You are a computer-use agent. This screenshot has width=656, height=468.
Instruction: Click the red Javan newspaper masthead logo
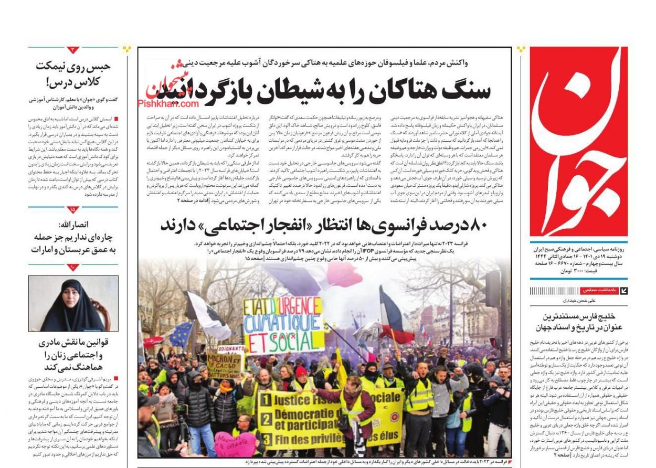(578, 142)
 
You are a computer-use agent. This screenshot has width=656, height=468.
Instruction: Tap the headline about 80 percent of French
(324, 226)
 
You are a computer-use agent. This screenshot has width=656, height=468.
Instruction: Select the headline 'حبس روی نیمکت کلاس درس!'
(73, 74)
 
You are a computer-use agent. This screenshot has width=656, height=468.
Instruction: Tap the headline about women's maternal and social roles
(73, 354)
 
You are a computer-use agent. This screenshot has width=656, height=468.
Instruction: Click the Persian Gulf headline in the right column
(578, 322)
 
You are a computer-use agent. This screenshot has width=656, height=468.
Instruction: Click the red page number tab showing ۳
(73, 50)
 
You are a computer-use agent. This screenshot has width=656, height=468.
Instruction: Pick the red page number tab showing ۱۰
(73, 268)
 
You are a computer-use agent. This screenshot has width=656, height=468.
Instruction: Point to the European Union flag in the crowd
(181, 334)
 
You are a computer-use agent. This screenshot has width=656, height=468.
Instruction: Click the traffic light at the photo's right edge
(493, 289)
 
